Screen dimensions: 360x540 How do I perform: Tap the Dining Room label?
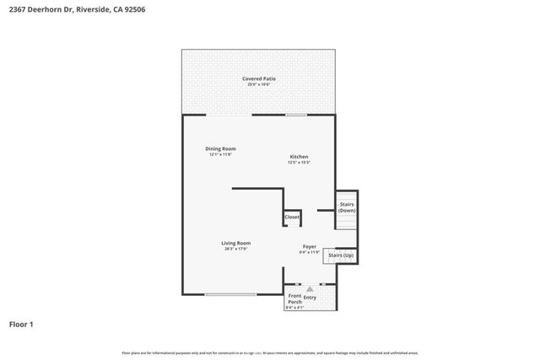click(219, 148)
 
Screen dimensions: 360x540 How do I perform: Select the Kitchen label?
click(299, 157)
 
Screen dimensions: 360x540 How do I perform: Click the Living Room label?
click(236, 243)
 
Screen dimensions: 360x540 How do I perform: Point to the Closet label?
click(292, 217)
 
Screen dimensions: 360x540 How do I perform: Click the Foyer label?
click(310, 246)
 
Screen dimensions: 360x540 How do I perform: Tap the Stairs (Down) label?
click(346, 207)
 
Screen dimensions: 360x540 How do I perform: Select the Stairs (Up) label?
click(341, 255)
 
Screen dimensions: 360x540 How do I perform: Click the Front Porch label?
click(294, 299)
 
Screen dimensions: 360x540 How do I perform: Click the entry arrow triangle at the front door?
click(310, 288)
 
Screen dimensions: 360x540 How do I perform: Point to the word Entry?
click(310, 297)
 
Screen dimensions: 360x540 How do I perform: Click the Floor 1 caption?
click(21, 324)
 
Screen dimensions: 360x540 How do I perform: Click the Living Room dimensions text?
click(236, 249)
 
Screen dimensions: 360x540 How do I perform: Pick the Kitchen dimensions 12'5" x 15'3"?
click(299, 163)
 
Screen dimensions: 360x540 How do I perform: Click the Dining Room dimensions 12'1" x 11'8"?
click(219, 154)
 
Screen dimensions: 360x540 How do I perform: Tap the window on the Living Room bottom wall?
click(230, 294)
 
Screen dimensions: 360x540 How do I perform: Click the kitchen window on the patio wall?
click(296, 115)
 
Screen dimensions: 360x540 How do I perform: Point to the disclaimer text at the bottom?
click(269, 352)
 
